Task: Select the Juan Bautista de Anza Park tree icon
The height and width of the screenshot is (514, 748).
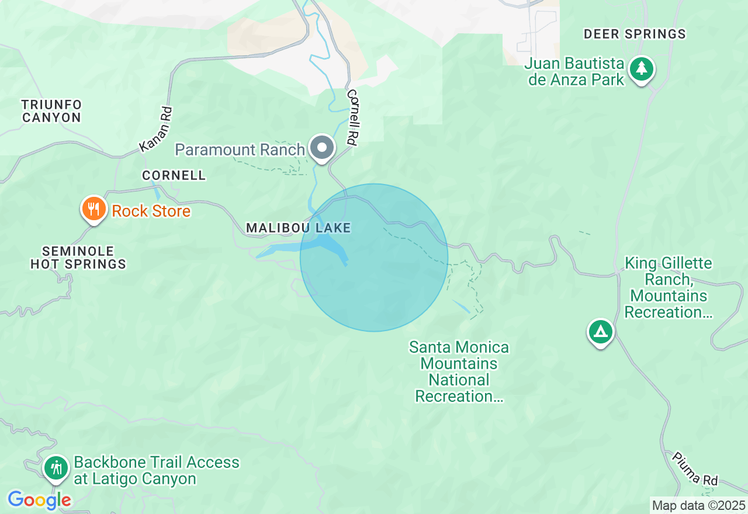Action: click(642, 69)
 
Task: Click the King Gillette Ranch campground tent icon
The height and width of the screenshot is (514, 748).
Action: click(601, 332)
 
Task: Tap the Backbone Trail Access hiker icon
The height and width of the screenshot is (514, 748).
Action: click(56, 468)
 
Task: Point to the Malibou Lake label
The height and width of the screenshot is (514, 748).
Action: click(298, 228)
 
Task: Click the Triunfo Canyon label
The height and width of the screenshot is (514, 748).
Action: click(51, 111)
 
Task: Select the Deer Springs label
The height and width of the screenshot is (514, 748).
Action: click(635, 34)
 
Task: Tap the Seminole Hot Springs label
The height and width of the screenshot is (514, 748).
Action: click(78, 258)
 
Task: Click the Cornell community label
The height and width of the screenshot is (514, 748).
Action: click(174, 175)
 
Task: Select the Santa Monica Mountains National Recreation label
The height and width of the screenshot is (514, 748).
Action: click(459, 371)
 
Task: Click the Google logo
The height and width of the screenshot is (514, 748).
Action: click(39, 500)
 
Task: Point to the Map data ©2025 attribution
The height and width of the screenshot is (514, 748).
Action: click(698, 506)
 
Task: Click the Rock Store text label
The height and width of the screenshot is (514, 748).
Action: click(151, 211)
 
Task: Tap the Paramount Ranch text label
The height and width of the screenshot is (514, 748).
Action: click(240, 150)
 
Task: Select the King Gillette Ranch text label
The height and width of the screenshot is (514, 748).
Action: click(668, 287)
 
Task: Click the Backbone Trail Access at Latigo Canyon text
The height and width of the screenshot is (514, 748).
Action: click(156, 471)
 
